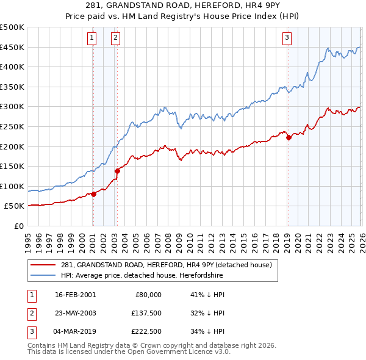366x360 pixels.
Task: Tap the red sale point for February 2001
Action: [x=93, y=194]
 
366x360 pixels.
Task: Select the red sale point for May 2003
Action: [x=117, y=171]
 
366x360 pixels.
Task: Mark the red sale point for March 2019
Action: [x=289, y=137]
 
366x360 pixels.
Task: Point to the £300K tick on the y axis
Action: [x=12, y=107]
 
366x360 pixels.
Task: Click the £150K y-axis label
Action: [x=12, y=166]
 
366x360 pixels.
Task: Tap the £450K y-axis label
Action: [x=12, y=47]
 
